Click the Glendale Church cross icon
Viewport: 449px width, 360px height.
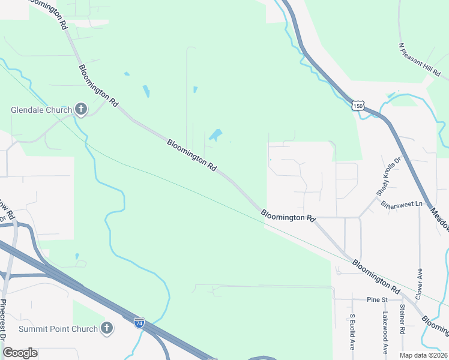(81, 109)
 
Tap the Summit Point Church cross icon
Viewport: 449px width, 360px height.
(107, 328)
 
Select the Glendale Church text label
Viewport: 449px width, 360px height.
(41, 110)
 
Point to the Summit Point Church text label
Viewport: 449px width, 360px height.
(58, 329)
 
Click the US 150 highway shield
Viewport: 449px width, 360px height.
(358, 106)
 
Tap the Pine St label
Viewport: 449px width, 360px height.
(375, 299)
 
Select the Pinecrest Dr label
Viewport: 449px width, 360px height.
(4, 326)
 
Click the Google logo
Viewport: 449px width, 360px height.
(20, 353)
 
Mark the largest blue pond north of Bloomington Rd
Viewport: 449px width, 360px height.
(215, 135)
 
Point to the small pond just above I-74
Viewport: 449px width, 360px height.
(77, 256)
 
